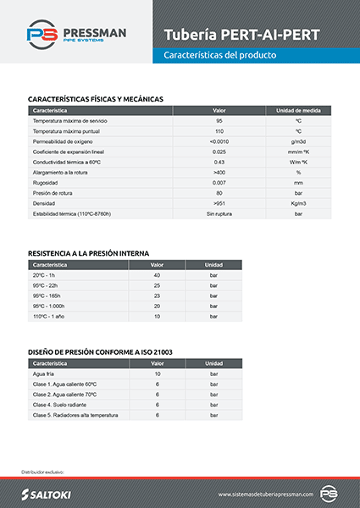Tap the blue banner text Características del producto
[x=220, y=54]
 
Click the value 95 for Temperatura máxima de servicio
[x=219, y=121]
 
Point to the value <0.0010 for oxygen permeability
[x=219, y=141]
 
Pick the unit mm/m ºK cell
[x=298, y=152]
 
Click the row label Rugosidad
[x=46, y=183]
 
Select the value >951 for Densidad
[x=219, y=203]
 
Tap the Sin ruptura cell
[x=219, y=213]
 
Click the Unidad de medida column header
[x=298, y=111]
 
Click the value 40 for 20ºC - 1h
[x=157, y=275]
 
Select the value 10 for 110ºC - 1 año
[x=157, y=316]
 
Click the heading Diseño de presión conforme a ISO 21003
[x=101, y=351]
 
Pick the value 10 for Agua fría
[x=157, y=373]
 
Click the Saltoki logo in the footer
[x=51, y=493]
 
